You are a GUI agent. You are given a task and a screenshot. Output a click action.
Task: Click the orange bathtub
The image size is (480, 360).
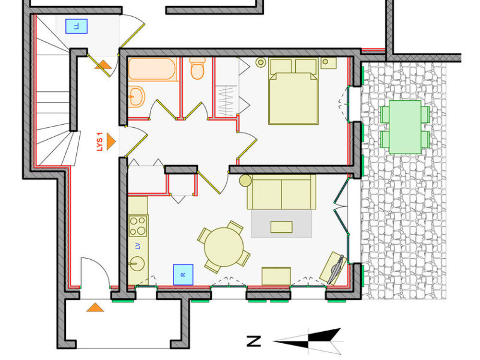point(152,69)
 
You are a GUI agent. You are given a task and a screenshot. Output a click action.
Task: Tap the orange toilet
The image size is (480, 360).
point(197,68)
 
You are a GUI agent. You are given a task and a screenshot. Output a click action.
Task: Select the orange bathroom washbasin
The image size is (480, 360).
point(136,96)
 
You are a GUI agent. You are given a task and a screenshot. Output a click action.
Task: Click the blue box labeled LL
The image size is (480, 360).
point(76,26)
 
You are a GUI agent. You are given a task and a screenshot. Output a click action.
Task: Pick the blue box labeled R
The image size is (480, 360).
point(183,275)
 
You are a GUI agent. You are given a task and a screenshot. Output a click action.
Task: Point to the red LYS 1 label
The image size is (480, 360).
point(99,142)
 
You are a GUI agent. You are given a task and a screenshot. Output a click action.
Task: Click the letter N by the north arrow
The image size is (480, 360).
point(254,341)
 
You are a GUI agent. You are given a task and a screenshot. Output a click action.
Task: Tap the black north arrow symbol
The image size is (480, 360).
point(308,340)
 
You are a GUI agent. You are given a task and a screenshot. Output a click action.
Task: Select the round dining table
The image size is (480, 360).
point(224,247)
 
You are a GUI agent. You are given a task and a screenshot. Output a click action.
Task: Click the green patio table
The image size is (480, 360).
point(405,127)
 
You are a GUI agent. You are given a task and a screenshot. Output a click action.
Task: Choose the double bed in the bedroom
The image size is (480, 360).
point(293,92)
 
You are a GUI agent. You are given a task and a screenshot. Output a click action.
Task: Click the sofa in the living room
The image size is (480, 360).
point(281,192)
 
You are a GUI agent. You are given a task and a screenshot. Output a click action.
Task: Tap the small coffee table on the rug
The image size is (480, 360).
point(281,227)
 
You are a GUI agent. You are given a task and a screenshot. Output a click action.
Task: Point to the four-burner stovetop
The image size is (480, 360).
point(138,226)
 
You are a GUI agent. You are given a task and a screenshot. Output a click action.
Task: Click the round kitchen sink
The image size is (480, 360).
point(137,263)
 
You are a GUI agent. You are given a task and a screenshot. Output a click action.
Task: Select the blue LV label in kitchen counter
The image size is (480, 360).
point(138,245)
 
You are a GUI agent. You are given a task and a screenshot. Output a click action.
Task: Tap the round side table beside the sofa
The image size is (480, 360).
point(245,180)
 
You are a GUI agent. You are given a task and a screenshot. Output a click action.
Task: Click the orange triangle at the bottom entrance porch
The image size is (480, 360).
point(95,307)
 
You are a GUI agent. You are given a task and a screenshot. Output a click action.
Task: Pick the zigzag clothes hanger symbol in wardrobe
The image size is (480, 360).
point(227,101)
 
